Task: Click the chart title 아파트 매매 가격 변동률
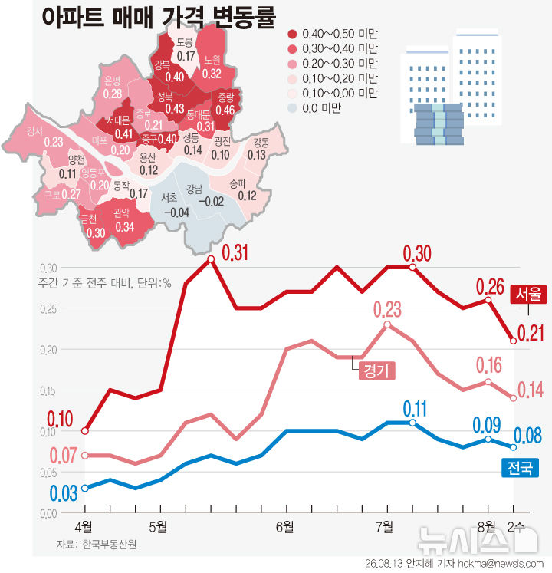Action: click(159, 17)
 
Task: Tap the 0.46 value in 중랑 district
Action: click(225, 110)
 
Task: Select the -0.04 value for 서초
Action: click(176, 212)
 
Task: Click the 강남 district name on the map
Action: click(194, 189)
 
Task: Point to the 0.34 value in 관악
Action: click(125, 227)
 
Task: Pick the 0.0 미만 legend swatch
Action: click(292, 108)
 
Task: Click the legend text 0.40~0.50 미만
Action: click(340, 34)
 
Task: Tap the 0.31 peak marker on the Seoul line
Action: click(211, 259)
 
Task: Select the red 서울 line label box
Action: click(528, 295)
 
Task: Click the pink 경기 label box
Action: click(376, 370)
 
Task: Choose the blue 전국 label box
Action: click(521, 467)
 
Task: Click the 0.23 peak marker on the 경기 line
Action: click(387, 324)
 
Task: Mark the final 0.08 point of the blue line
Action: click(513, 447)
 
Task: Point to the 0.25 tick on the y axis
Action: click(48, 309)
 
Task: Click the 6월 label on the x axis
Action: click(285, 527)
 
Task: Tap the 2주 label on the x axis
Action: click(516, 526)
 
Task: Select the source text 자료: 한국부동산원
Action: click(97, 544)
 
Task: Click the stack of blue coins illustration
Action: click(439, 124)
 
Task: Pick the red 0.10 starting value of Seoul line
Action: click(61, 419)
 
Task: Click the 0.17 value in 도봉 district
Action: click(186, 56)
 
